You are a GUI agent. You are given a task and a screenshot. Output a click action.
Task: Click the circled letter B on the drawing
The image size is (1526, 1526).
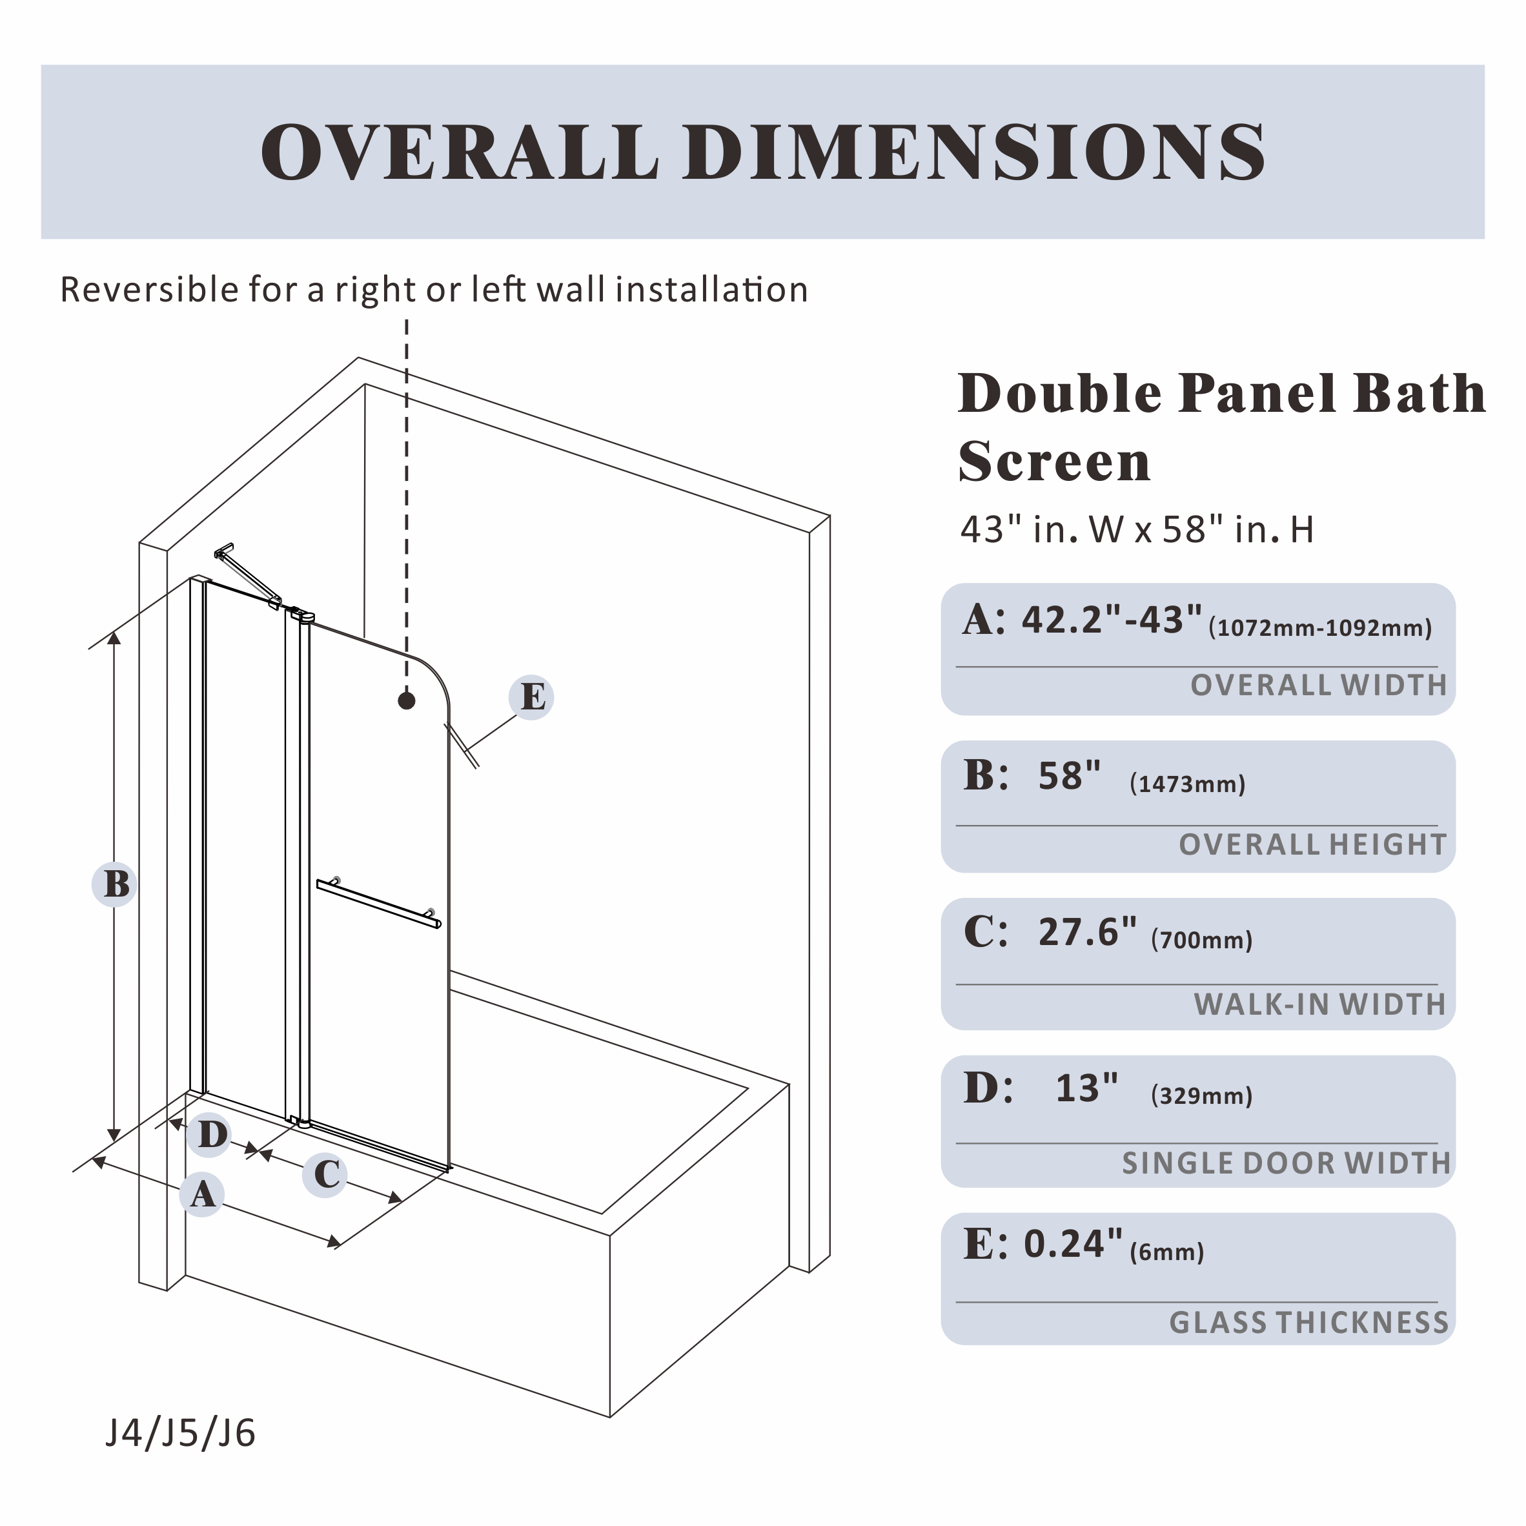click(116, 884)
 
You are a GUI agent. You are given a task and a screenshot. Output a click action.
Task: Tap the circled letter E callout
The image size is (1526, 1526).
click(531, 697)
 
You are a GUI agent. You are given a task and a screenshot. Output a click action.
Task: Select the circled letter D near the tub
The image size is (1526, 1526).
click(209, 1135)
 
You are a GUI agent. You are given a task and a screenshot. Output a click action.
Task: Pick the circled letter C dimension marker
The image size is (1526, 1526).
click(325, 1174)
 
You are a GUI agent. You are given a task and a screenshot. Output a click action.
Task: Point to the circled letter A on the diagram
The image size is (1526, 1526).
click(202, 1194)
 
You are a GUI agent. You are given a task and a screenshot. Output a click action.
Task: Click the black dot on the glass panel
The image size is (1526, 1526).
click(407, 700)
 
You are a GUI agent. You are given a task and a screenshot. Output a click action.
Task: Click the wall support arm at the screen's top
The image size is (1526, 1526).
click(248, 576)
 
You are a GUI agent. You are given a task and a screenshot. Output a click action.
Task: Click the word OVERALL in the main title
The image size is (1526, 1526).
click(460, 152)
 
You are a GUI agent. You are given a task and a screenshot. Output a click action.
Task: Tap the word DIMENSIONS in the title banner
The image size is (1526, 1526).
click(975, 152)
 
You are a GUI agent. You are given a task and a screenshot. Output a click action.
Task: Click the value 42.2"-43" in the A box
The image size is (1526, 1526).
click(1113, 620)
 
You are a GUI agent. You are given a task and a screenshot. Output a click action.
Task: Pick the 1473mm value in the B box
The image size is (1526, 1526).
click(1188, 784)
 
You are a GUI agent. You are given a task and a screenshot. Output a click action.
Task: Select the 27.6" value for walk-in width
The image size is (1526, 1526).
click(1088, 932)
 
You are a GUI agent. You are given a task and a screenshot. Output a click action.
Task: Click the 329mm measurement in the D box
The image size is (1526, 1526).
click(1201, 1095)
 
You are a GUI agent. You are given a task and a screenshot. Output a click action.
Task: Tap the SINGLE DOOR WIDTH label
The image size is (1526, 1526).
click(1287, 1163)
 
